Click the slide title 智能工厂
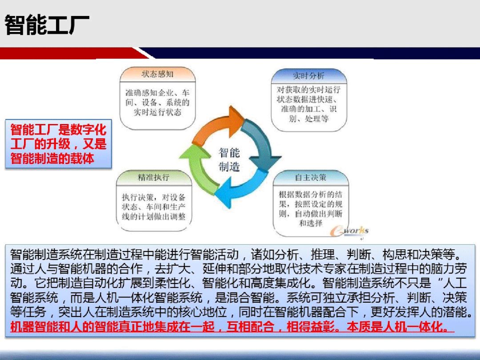(47, 25)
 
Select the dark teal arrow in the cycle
(260, 144)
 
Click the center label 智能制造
(229, 160)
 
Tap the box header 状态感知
(157, 74)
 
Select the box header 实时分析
(308, 76)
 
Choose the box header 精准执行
(153, 177)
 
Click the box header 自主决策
(310, 177)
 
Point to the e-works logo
(349, 231)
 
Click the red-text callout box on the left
(58, 144)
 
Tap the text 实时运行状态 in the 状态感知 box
(157, 112)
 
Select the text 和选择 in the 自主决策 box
(310, 223)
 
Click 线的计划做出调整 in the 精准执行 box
(154, 216)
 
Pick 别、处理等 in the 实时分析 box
(308, 119)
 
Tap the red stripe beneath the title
(73, 53)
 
